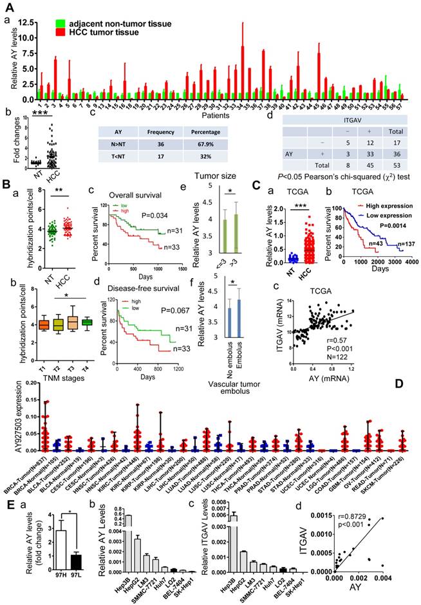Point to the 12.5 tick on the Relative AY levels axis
tap(26, 22)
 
